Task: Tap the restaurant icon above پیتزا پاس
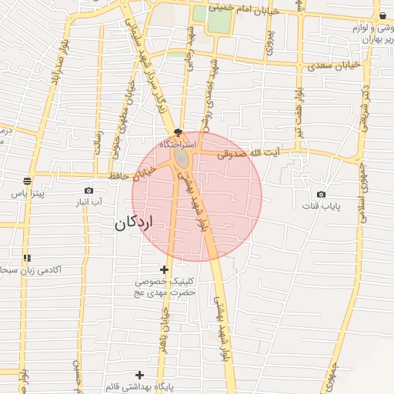coord(28,182)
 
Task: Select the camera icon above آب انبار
coord(89,190)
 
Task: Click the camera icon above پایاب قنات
coord(321,194)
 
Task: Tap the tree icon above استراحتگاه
coord(179,132)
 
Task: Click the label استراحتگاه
coord(179,145)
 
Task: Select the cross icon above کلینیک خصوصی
coord(163,269)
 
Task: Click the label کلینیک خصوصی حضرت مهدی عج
coord(165,287)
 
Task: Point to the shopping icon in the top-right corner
coord(382,15)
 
